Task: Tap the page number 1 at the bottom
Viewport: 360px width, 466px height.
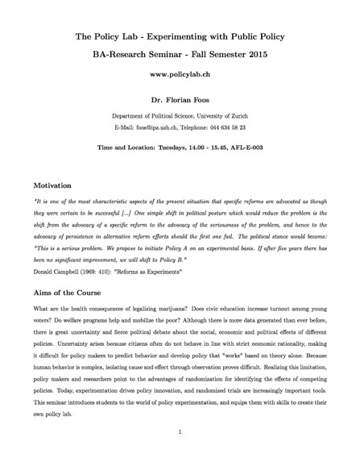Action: click(180, 431)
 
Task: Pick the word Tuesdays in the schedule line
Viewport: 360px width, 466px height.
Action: click(178, 148)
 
